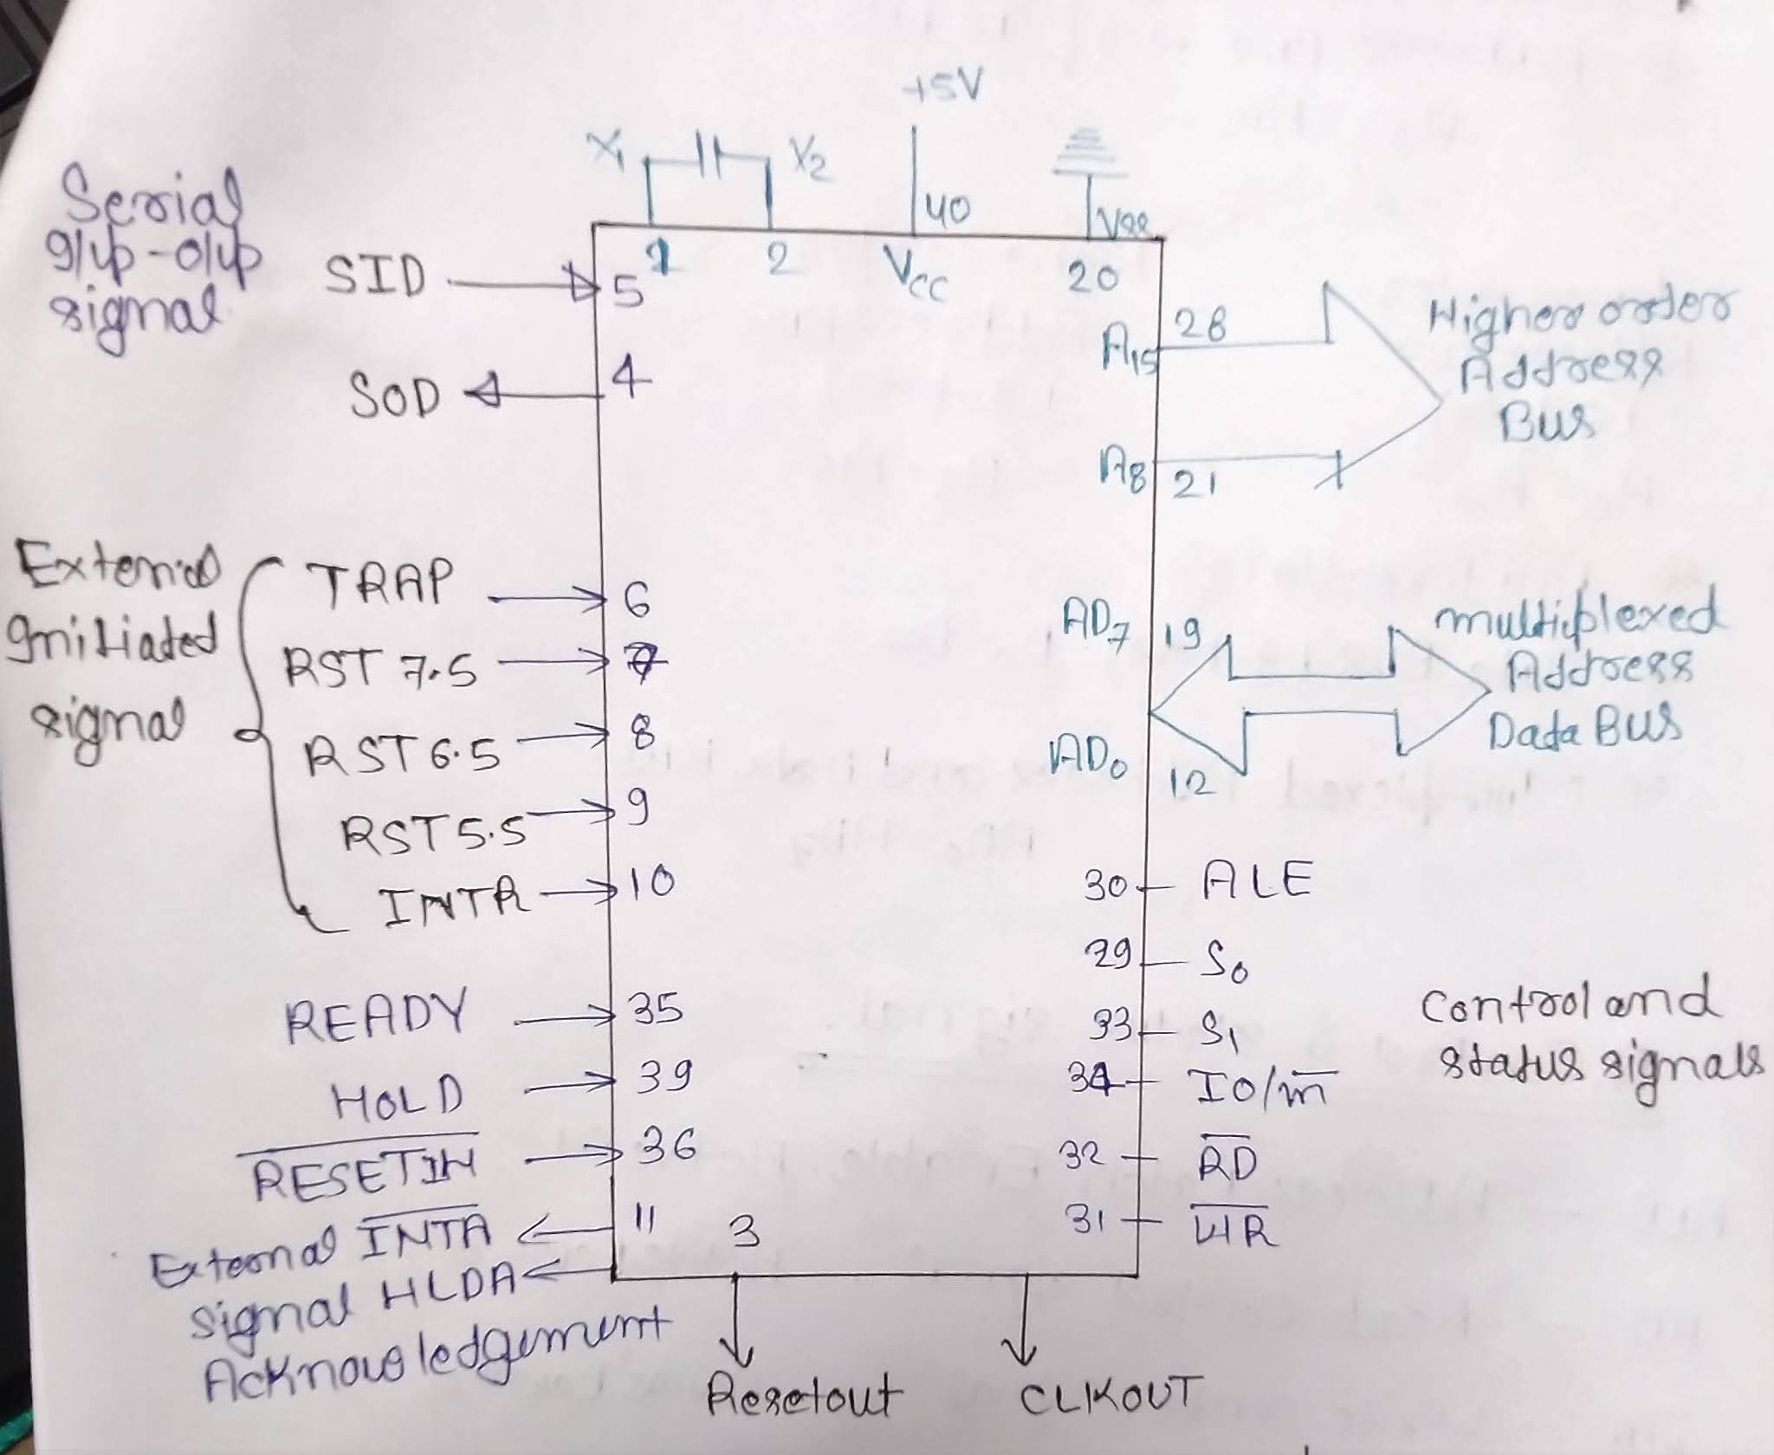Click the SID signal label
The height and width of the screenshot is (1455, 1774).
point(374,279)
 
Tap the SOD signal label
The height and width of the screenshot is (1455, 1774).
point(394,397)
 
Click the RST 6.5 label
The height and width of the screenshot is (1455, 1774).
point(402,755)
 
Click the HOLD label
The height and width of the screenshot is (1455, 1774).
point(398,1100)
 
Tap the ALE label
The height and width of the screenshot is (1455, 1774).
point(1258,882)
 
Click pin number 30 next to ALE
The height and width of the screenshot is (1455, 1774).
point(1105,887)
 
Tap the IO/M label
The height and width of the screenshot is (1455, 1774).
point(1260,1088)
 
